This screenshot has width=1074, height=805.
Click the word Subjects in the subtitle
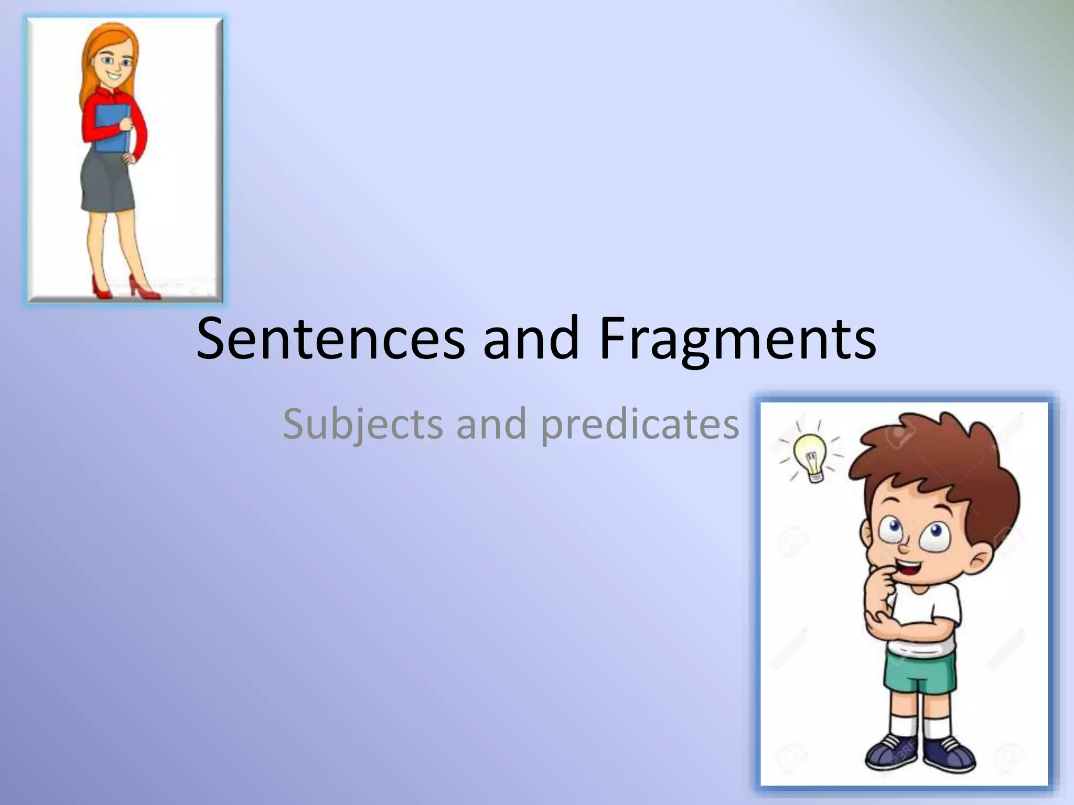pyautogui.click(x=362, y=424)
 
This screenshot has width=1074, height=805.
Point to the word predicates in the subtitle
pyautogui.click(x=639, y=424)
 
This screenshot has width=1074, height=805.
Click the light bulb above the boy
pyautogui.click(x=811, y=456)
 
